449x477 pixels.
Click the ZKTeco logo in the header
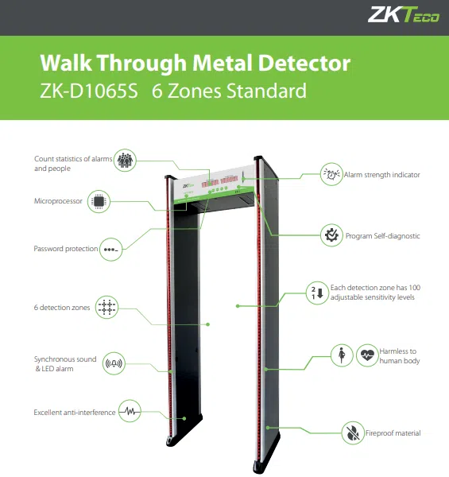point(404,14)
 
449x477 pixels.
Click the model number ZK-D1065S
point(89,91)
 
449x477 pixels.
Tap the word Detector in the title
point(304,63)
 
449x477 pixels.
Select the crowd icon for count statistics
point(125,161)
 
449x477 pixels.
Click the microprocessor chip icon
point(99,201)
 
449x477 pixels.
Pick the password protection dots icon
point(111,250)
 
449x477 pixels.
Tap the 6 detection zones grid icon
point(106,307)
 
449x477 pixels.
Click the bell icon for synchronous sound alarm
point(114,363)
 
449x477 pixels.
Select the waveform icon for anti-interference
point(130,411)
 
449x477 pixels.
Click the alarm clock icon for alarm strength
point(331,174)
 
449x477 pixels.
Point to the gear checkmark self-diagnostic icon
point(331,235)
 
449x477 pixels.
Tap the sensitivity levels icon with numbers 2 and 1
point(317,293)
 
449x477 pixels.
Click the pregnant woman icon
point(342,355)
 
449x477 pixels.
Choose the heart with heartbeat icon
point(367,355)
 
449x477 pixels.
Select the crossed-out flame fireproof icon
point(353,433)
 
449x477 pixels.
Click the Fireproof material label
point(393,433)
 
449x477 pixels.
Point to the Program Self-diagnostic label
point(383,236)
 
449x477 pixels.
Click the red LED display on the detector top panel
point(219,182)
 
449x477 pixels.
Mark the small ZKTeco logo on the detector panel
point(188,185)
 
